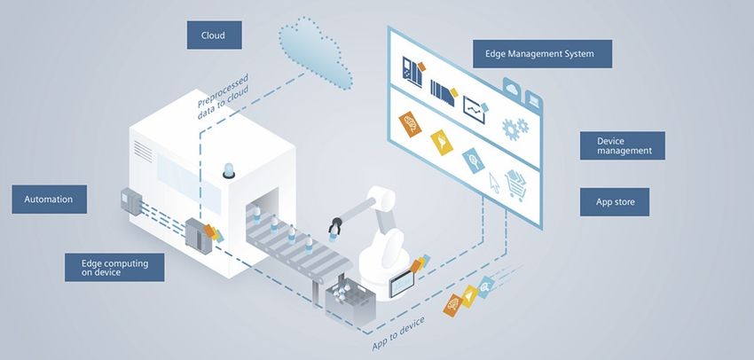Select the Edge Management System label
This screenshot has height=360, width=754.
[x=542, y=53]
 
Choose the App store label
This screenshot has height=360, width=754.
[x=614, y=201]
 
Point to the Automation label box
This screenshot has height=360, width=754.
[x=49, y=200]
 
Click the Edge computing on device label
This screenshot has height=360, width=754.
[x=114, y=267]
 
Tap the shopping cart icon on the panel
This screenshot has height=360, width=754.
[x=516, y=184]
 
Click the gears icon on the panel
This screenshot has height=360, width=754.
[x=515, y=128]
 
